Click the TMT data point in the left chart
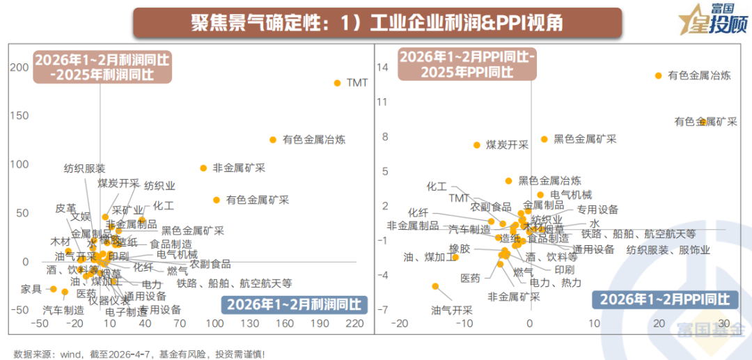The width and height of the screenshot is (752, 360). [x=338, y=83]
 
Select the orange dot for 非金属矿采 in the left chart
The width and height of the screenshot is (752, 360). [x=203, y=168]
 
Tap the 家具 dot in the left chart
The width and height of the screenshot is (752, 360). [x=53, y=288]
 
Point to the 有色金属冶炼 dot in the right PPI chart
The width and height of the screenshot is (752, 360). [x=657, y=75]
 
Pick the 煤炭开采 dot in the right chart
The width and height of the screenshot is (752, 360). [x=477, y=145]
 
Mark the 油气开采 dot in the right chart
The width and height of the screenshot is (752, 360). [x=436, y=286]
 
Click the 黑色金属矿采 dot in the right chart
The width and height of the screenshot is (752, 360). [x=545, y=139]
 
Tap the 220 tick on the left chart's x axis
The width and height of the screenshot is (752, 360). [x=355, y=323]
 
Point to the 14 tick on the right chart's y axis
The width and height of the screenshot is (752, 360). [x=382, y=67]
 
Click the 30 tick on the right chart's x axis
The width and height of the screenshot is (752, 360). [x=723, y=323]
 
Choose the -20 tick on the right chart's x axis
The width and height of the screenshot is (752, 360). [x=400, y=323]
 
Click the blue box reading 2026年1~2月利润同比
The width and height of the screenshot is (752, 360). [x=295, y=304]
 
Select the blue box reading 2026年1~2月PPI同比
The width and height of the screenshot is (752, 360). [x=665, y=300]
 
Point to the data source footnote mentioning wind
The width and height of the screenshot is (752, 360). [x=139, y=354]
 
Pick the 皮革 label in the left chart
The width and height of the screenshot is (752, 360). [x=65, y=208]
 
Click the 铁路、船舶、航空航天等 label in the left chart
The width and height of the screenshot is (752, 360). [x=234, y=283]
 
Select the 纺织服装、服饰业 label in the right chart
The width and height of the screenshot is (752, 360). [x=668, y=250]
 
